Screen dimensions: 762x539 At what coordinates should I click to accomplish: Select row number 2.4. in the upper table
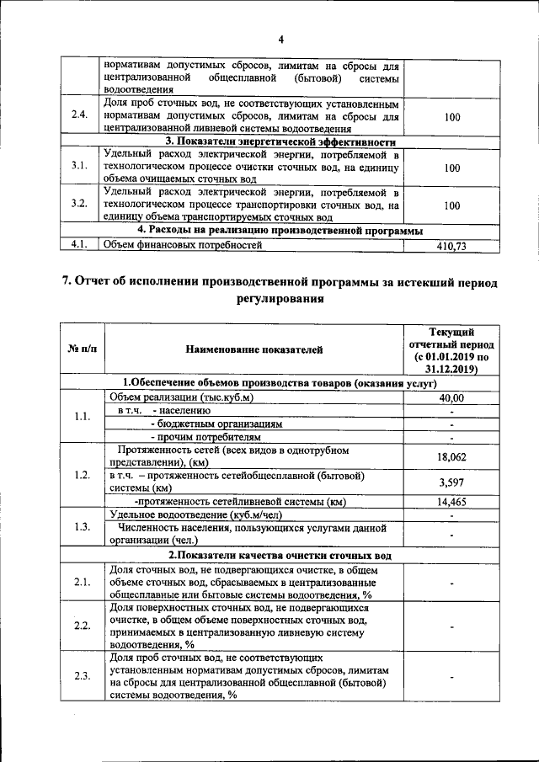tap(79, 116)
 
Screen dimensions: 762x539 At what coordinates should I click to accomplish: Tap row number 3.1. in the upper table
tap(79, 167)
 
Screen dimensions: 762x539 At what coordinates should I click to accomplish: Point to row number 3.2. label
tap(79, 205)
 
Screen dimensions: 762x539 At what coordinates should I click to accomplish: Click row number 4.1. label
tap(79, 246)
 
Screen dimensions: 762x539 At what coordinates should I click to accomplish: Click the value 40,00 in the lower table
tap(451, 397)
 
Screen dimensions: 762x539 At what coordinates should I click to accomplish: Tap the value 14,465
tap(451, 502)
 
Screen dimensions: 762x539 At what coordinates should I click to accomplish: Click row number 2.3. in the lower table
tap(83, 677)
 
